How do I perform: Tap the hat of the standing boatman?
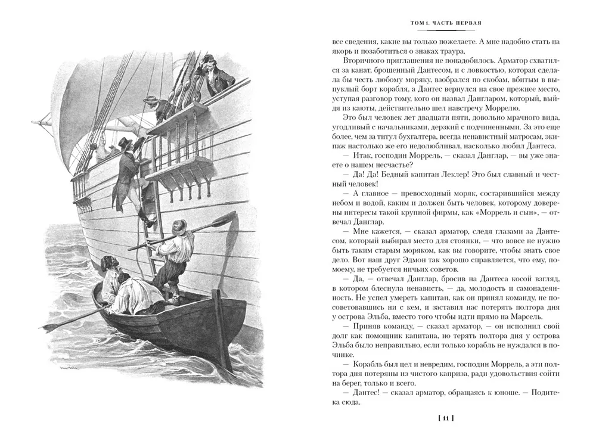pyautogui.click(x=178, y=226)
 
